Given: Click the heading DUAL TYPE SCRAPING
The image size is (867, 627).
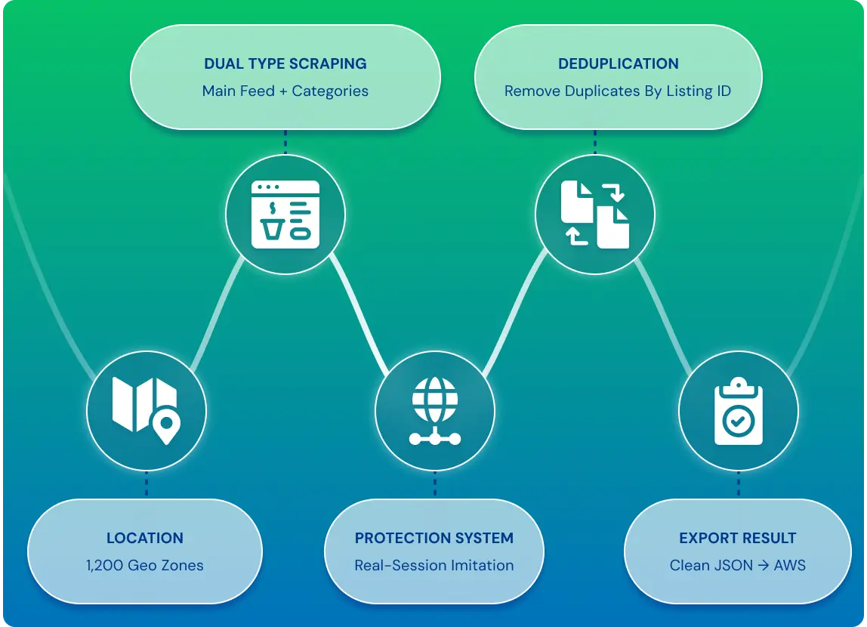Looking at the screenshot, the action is (285, 63).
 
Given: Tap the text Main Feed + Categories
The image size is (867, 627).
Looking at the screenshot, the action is (285, 91).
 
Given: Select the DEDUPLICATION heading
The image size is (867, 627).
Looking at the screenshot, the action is (619, 63).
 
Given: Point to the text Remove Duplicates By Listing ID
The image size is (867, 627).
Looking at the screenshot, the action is (618, 91).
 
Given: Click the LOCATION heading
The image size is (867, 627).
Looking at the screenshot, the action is (145, 538).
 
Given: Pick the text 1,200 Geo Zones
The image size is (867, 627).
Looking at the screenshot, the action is (145, 565).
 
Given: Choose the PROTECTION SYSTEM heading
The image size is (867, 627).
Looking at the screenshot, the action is (434, 538).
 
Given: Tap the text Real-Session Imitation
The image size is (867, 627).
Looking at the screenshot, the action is (434, 565).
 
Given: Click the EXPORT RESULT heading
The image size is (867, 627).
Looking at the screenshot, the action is (738, 538).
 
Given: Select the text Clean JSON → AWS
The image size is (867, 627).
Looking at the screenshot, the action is (738, 565).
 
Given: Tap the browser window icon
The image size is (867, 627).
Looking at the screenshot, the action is (285, 215).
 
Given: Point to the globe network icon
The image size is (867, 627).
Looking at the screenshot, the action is (434, 411).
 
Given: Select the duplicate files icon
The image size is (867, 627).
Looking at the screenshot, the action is (595, 215).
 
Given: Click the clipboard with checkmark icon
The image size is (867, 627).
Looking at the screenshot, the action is (738, 411).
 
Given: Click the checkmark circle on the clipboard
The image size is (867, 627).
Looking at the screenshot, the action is (738, 422).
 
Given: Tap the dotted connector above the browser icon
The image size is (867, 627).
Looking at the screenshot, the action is (285, 142).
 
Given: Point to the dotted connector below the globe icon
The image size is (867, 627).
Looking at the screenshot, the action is (434, 483).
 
